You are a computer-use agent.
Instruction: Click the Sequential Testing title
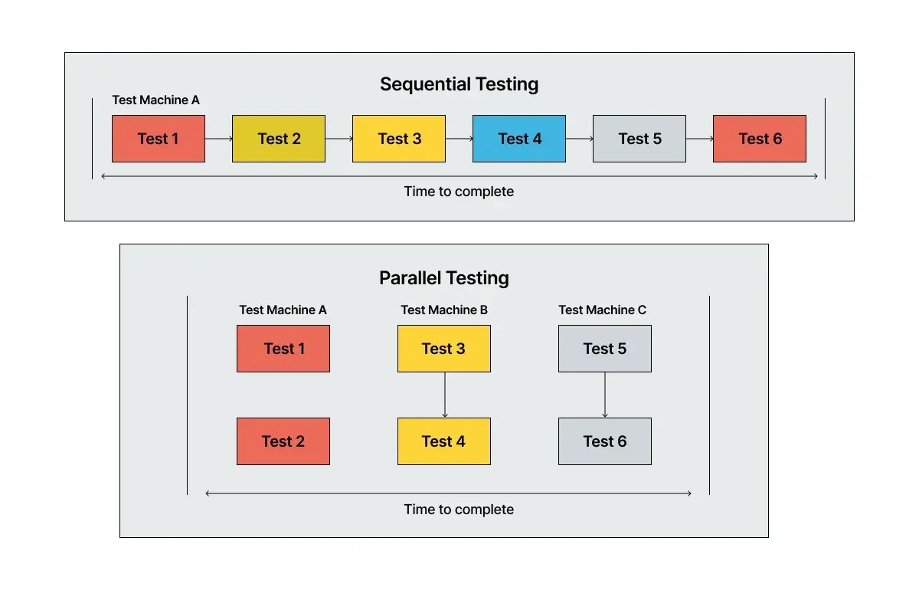[x=459, y=84]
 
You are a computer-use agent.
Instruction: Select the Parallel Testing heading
[x=443, y=277]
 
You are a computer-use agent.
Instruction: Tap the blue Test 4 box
[x=519, y=139]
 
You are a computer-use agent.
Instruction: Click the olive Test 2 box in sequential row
[x=279, y=139]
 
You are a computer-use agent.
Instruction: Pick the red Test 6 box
[x=759, y=139]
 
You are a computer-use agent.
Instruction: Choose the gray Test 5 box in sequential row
[x=639, y=139]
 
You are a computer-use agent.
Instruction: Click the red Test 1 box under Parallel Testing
[x=283, y=349]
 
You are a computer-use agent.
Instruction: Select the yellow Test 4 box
[x=443, y=441]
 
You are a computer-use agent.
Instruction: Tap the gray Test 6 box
[x=604, y=441]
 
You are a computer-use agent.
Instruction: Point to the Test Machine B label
[x=444, y=310]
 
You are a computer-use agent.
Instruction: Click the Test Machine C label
[x=602, y=310]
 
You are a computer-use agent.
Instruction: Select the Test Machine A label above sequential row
[x=155, y=100]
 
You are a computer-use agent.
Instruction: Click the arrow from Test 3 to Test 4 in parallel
[x=445, y=395]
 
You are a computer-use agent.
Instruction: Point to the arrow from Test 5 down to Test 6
[x=605, y=395]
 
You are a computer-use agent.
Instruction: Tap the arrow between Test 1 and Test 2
[x=218, y=139]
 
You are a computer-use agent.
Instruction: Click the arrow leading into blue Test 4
[x=459, y=139]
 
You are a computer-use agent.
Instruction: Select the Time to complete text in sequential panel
[x=459, y=192]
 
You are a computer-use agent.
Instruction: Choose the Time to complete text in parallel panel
[x=459, y=510]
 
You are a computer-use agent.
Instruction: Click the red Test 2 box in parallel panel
[x=283, y=441]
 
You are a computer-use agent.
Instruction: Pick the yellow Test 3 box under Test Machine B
[x=443, y=349]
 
